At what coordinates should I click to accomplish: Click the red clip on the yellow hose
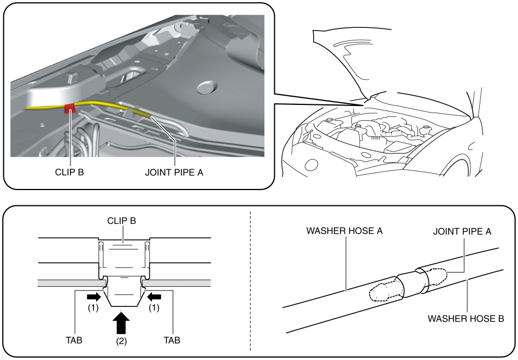[70, 108]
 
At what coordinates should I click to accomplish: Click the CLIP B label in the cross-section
[122, 221]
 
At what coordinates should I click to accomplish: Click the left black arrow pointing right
[93, 297]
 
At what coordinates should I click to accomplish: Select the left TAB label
[73, 340]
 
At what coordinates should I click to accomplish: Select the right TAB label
[172, 340]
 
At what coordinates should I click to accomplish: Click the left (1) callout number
[92, 308]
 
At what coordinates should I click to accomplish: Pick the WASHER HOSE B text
[466, 318]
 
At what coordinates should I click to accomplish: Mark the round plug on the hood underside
[207, 87]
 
